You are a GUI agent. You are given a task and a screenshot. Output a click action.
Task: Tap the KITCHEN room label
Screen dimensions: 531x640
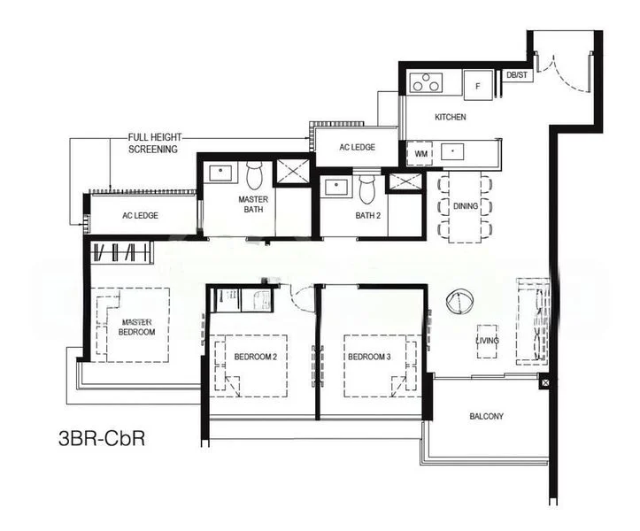pyautogui.click(x=450, y=117)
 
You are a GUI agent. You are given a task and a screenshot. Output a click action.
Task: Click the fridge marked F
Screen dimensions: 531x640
pyautogui.click(x=478, y=85)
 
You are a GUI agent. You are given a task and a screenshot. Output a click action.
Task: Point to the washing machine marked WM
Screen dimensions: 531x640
pyautogui.click(x=420, y=153)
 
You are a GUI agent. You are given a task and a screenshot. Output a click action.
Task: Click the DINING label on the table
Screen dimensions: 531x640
pyautogui.click(x=465, y=206)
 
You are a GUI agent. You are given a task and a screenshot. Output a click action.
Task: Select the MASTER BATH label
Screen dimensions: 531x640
pyautogui.click(x=253, y=205)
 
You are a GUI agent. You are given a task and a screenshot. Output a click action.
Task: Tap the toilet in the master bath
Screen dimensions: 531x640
pyautogui.click(x=255, y=176)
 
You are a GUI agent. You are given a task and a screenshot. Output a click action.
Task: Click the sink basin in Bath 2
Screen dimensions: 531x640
pyautogui.click(x=336, y=187)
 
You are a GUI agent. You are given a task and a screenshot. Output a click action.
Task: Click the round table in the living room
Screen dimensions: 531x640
pyautogui.click(x=460, y=303)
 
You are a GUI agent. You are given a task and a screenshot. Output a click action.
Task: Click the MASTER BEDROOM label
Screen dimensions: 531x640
pyautogui.click(x=137, y=327)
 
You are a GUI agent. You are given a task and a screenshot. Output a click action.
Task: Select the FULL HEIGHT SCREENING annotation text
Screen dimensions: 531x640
pyautogui.click(x=153, y=143)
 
